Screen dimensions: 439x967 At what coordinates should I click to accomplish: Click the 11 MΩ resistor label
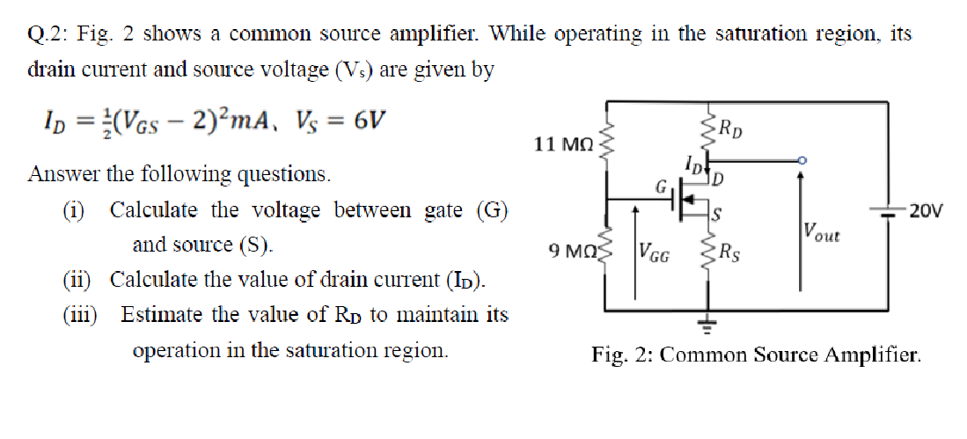click(564, 143)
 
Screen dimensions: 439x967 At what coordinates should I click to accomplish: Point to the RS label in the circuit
click(729, 255)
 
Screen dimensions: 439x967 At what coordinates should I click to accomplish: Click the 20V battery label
click(926, 210)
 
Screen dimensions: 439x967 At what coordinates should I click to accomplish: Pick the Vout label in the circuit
click(821, 233)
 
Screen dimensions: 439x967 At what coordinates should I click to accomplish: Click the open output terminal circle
click(801, 161)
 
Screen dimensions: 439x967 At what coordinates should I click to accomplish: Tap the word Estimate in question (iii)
click(165, 314)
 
